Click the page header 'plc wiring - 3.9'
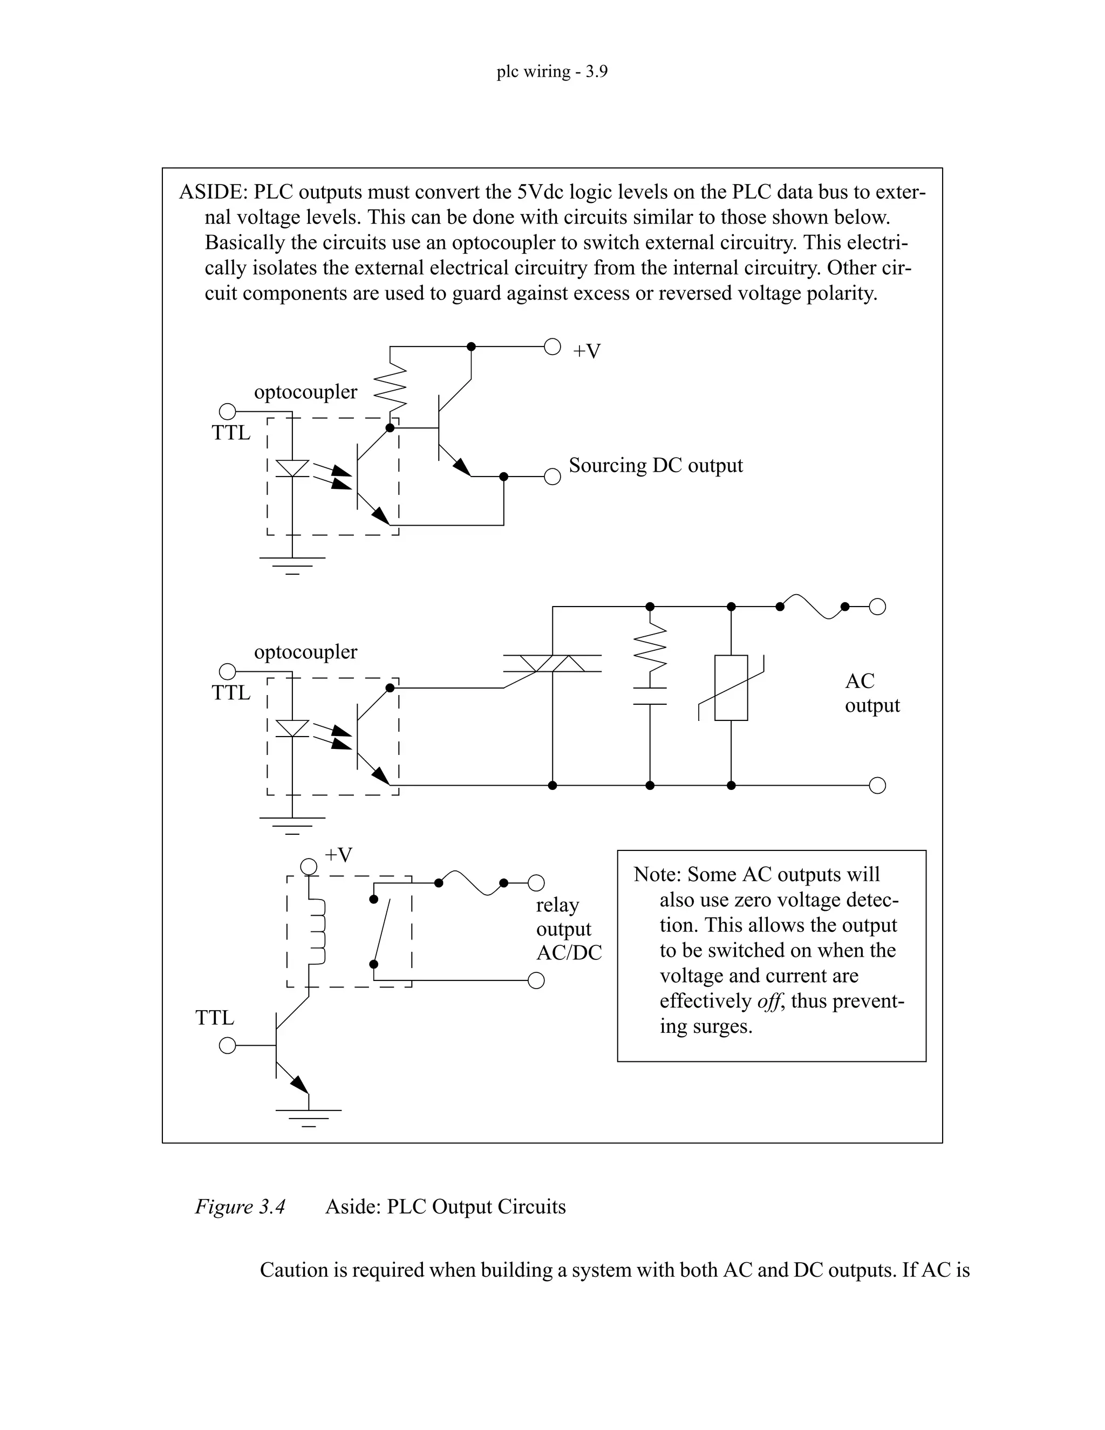tap(552, 71)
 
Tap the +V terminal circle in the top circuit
tap(552, 347)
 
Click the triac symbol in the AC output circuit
tap(552, 663)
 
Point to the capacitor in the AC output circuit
tap(650, 696)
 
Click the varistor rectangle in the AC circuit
tap(731, 687)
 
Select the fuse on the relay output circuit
tap(472, 883)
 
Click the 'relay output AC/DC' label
tap(568, 929)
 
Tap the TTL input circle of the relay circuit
tap(227, 1046)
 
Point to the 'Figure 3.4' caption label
tap(240, 1207)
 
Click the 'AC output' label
tap(871, 693)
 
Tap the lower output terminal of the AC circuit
tap(877, 786)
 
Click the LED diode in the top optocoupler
tap(292, 468)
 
